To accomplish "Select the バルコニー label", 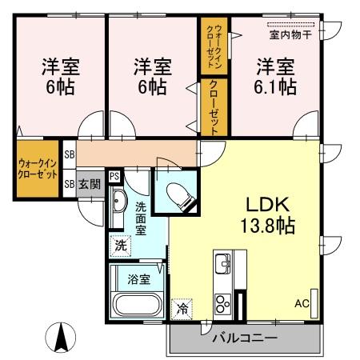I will pyautogui.click(x=244, y=338).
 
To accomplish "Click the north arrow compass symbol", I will pyautogui.click(x=60, y=337).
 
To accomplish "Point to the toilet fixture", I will pyautogui.click(x=175, y=193).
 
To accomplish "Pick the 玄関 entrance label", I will pyautogui.click(x=90, y=184).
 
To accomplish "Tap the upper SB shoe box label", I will pyautogui.click(x=70, y=154).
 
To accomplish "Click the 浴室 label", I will pyautogui.click(x=138, y=279).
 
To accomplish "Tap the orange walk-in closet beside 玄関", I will pyautogui.click(x=37, y=169).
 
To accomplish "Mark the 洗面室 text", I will pyautogui.click(x=141, y=217).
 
